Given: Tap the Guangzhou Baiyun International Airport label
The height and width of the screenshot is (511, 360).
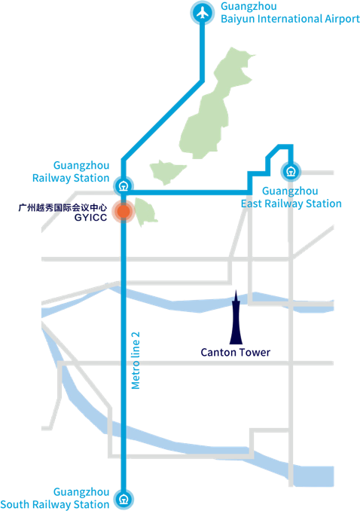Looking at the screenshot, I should tap(290, 12).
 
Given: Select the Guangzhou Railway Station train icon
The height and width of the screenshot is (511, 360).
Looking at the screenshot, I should tap(123, 184).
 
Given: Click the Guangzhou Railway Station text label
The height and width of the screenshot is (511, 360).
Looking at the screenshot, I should tap(81, 171).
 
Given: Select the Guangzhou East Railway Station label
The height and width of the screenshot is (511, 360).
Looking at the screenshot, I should tap(291, 197).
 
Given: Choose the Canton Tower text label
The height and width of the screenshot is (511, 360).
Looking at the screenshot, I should tap(236, 352).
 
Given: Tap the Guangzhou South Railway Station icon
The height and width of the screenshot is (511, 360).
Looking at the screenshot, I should tap(123, 498).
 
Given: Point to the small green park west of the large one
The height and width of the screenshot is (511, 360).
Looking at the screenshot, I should tap(166, 173).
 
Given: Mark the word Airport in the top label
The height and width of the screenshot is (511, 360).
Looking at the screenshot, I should tap(340, 18).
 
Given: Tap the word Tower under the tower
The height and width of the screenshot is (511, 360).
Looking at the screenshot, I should tap(254, 352).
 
